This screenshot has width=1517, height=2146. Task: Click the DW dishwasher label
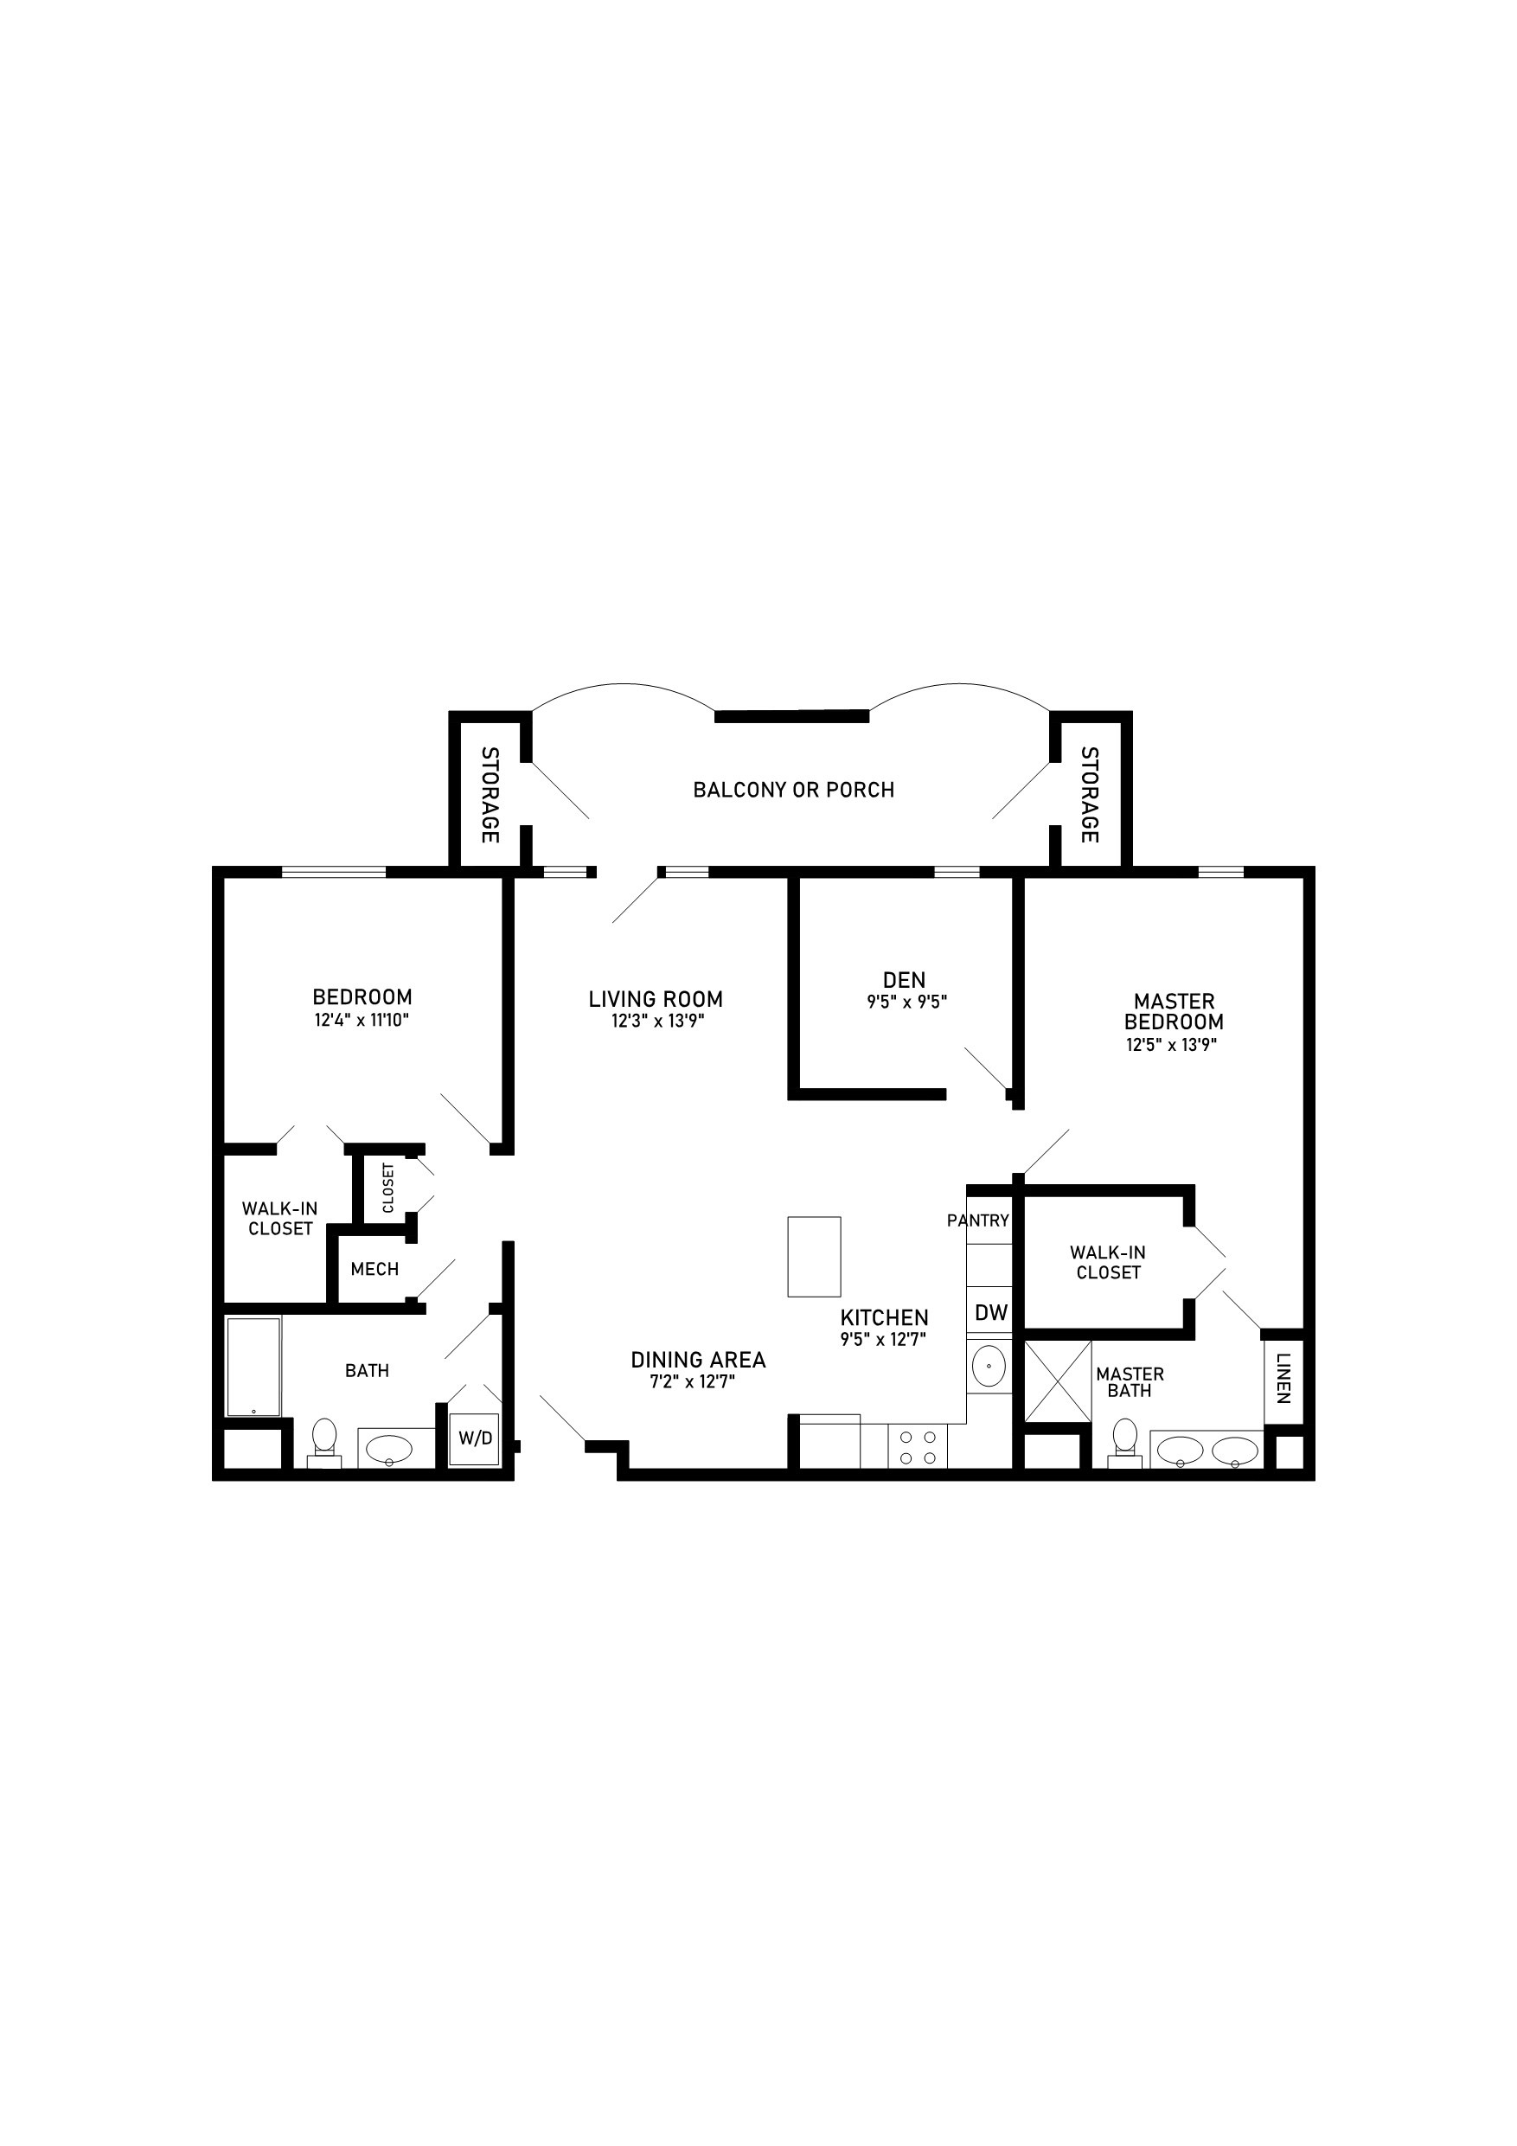coord(991,1312)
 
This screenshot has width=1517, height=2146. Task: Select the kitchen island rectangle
coord(814,1256)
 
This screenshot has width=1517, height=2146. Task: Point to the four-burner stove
coord(918,1449)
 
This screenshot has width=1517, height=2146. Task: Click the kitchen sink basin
coord(989,1368)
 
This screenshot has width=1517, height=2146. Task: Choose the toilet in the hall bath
coord(324,1440)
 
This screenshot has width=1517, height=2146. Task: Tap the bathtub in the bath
coord(253,1367)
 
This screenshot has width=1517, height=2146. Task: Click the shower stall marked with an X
coord(1058,1381)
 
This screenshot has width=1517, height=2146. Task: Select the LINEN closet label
coord(1283,1378)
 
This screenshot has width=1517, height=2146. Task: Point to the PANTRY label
coord(977,1220)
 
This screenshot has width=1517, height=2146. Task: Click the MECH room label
coord(374,1269)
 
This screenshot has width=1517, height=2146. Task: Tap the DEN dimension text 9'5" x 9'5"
coord(906,1003)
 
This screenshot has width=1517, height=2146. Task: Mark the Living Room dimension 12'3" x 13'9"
coord(658,1022)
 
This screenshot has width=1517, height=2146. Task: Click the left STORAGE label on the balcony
coord(489,794)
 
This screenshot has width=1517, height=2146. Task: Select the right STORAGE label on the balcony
coord(1089,794)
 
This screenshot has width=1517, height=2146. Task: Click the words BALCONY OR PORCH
coord(794,791)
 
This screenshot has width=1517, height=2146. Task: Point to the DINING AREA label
coord(698,1360)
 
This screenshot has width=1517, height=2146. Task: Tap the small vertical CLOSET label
coord(387,1188)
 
